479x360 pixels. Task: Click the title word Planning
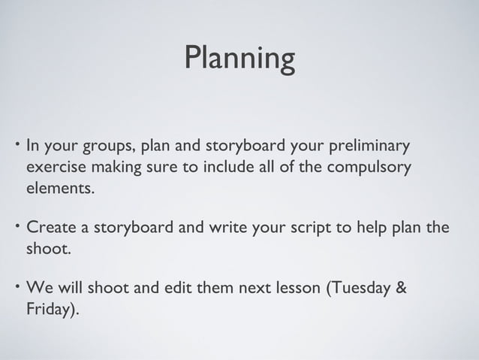(x=239, y=59)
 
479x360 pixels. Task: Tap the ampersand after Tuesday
(x=402, y=289)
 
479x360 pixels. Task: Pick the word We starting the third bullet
(x=38, y=289)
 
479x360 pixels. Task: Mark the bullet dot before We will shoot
(x=15, y=285)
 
